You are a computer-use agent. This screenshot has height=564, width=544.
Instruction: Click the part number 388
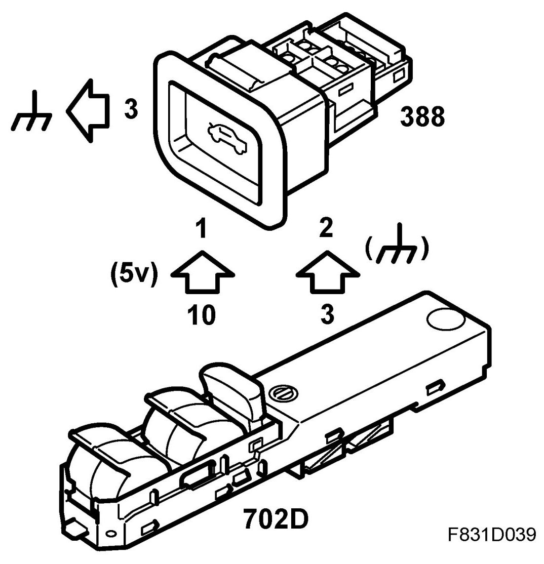422,116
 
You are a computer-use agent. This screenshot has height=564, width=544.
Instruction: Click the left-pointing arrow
87,110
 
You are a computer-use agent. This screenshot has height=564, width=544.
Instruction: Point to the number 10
201,315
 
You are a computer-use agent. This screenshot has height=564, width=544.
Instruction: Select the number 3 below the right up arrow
328,315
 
